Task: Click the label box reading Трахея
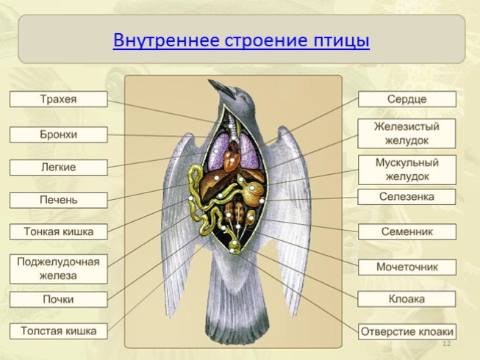pyautogui.click(x=58, y=99)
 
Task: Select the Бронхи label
pyautogui.click(x=58, y=134)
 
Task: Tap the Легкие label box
pyautogui.click(x=58, y=168)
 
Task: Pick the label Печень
pyautogui.click(x=58, y=200)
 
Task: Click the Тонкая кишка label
pyautogui.click(x=58, y=232)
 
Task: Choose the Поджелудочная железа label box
pyautogui.click(x=58, y=268)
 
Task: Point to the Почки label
pyautogui.click(x=58, y=300)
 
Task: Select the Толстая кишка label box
pyautogui.click(x=58, y=331)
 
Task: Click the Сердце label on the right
pyautogui.click(x=406, y=99)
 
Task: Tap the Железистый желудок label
pyautogui.click(x=406, y=133)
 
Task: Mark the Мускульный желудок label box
pyautogui.click(x=406, y=170)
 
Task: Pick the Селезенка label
pyautogui.click(x=406, y=197)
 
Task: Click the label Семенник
pyautogui.click(x=406, y=231)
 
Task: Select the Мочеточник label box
pyautogui.click(x=406, y=267)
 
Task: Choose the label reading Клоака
pyautogui.click(x=406, y=299)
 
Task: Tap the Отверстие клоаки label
pyautogui.click(x=406, y=331)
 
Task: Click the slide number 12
pyautogui.click(x=445, y=344)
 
